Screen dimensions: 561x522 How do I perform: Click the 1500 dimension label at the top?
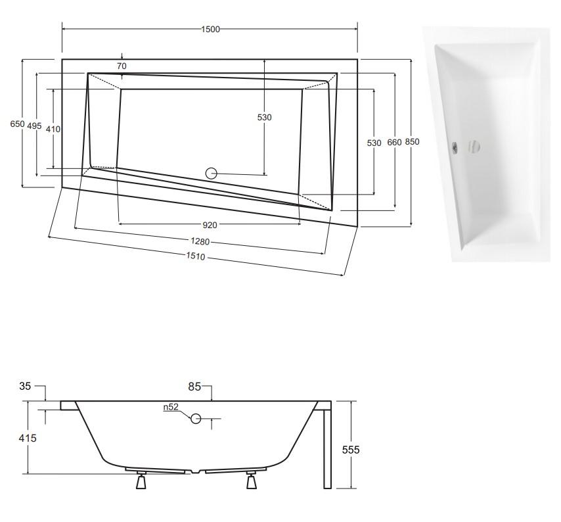coord(210,30)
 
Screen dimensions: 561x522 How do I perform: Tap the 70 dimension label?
coord(122,66)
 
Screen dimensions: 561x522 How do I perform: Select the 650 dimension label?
coord(17,124)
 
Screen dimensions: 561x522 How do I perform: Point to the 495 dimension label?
coord(34,126)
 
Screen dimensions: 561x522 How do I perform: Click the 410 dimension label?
coord(53,130)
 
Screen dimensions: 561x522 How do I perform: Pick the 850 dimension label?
coord(412,142)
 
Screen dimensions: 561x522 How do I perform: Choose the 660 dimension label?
coord(395,143)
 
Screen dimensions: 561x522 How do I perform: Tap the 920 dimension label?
coord(210,225)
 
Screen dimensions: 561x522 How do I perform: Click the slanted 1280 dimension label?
coord(200,242)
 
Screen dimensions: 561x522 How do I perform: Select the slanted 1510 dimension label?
coord(196,256)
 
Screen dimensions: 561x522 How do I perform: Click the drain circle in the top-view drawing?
coord(212,174)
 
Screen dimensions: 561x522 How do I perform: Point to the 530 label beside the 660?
coord(374,143)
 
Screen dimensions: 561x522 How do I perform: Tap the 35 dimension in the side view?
coord(25,387)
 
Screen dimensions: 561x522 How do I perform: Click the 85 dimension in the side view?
coord(194,387)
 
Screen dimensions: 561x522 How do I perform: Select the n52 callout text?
coord(171,407)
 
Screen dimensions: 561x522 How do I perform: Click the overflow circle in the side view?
coord(196,418)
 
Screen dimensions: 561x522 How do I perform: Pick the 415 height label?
coord(28,439)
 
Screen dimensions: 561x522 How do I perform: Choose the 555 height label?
coord(351,450)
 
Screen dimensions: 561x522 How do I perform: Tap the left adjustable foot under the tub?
coord(141,480)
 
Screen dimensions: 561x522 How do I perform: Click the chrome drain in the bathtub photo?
coord(455,147)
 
